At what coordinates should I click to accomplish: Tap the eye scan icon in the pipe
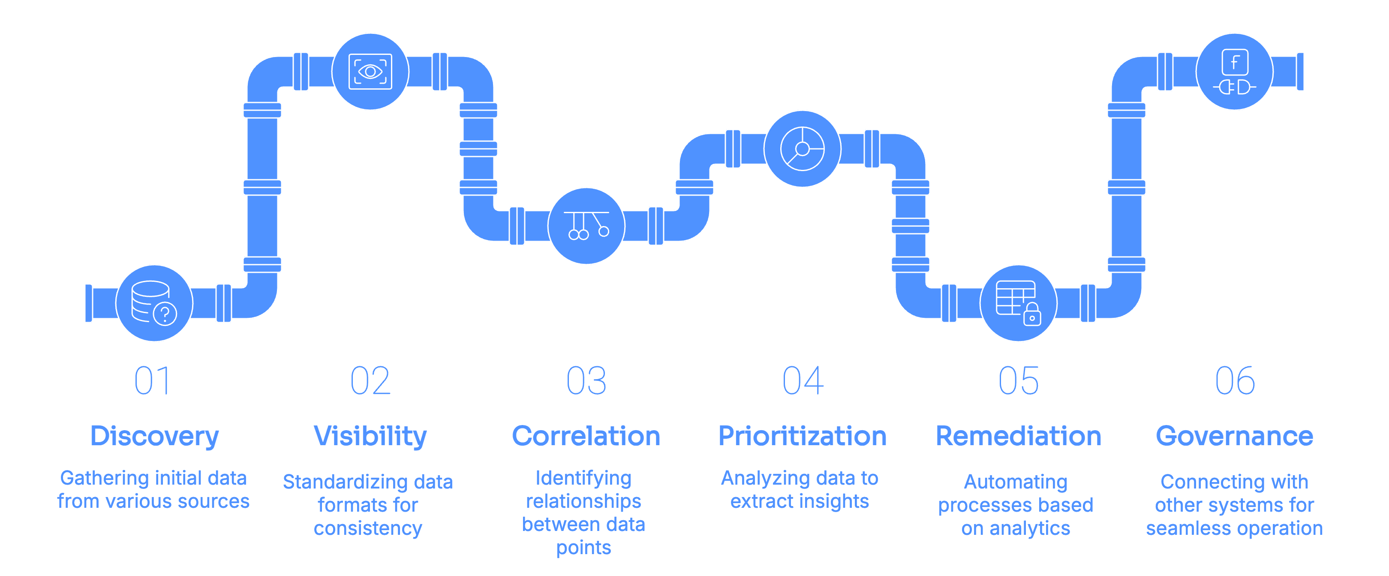370,71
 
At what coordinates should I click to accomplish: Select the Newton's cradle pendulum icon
586,226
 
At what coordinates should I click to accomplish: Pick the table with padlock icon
1018,303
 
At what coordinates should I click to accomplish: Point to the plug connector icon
1234,71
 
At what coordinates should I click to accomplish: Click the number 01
153,381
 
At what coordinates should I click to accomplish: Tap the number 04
803,381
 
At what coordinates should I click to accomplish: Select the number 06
1235,381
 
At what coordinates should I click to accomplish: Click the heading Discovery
154,436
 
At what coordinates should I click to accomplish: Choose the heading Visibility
370,436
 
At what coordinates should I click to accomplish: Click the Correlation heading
586,436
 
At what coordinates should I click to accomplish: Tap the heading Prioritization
803,436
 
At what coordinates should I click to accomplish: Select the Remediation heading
1018,436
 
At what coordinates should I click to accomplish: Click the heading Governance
1234,436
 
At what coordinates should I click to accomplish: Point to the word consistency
368,528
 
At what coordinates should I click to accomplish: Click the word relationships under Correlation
583,501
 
